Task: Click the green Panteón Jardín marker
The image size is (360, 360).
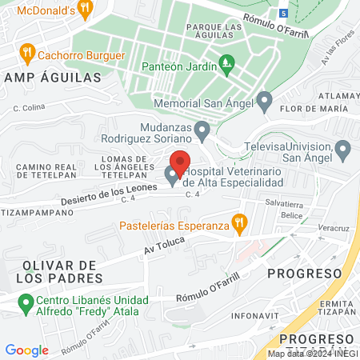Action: pyautogui.click(x=226, y=61)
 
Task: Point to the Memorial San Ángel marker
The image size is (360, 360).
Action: pyautogui.click(x=265, y=102)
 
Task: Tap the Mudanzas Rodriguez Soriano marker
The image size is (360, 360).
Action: pyautogui.click(x=202, y=128)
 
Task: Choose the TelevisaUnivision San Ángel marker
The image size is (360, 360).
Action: pyautogui.click(x=343, y=148)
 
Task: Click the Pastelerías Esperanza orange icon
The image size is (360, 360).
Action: pyautogui.click(x=238, y=223)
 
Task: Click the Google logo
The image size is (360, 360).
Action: pyautogui.click(x=26, y=350)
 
